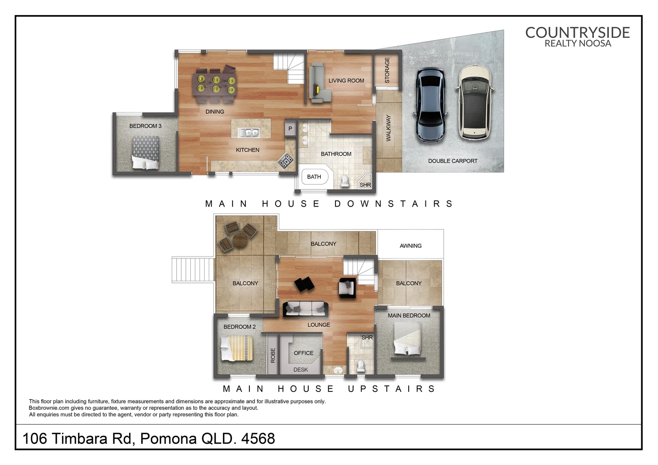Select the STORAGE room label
[387, 70]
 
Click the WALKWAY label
[388, 128]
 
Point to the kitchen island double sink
[249, 133]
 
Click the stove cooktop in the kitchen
[286, 161]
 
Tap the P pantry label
[290, 129]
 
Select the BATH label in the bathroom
[314, 177]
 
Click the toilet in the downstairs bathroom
[345, 181]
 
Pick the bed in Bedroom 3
[146, 152]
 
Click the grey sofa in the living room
[318, 83]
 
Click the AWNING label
[410, 246]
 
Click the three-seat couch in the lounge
[305, 309]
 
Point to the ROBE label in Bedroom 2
[273, 355]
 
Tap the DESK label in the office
[301, 369]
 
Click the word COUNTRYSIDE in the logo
[577, 32]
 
